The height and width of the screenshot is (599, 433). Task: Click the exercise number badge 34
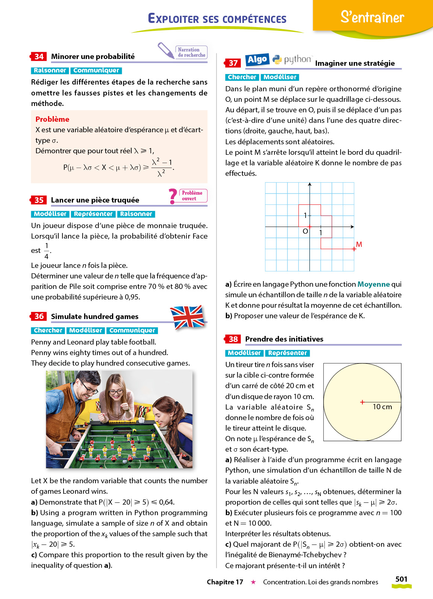(x=39, y=57)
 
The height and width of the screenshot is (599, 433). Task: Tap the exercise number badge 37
(x=233, y=63)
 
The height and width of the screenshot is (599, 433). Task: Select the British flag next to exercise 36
(x=187, y=317)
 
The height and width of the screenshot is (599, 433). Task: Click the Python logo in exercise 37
(x=277, y=59)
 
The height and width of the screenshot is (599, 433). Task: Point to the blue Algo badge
(x=257, y=59)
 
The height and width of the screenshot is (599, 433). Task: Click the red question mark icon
(x=173, y=196)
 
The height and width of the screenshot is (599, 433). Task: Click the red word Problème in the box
(x=52, y=119)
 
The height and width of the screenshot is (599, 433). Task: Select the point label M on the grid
(x=359, y=244)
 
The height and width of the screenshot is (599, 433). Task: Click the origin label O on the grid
(x=305, y=231)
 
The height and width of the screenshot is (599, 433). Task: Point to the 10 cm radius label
(x=382, y=407)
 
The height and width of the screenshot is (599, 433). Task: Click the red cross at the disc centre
(x=362, y=402)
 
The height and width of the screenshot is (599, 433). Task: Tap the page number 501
(x=401, y=579)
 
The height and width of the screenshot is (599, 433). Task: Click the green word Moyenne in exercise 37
(x=374, y=284)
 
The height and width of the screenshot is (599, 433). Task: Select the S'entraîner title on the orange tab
(x=372, y=17)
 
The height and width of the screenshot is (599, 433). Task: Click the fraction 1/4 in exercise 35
(x=47, y=251)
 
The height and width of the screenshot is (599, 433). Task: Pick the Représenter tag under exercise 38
(x=288, y=353)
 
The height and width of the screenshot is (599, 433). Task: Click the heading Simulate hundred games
(x=95, y=317)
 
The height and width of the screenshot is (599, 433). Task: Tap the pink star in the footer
(x=253, y=582)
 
